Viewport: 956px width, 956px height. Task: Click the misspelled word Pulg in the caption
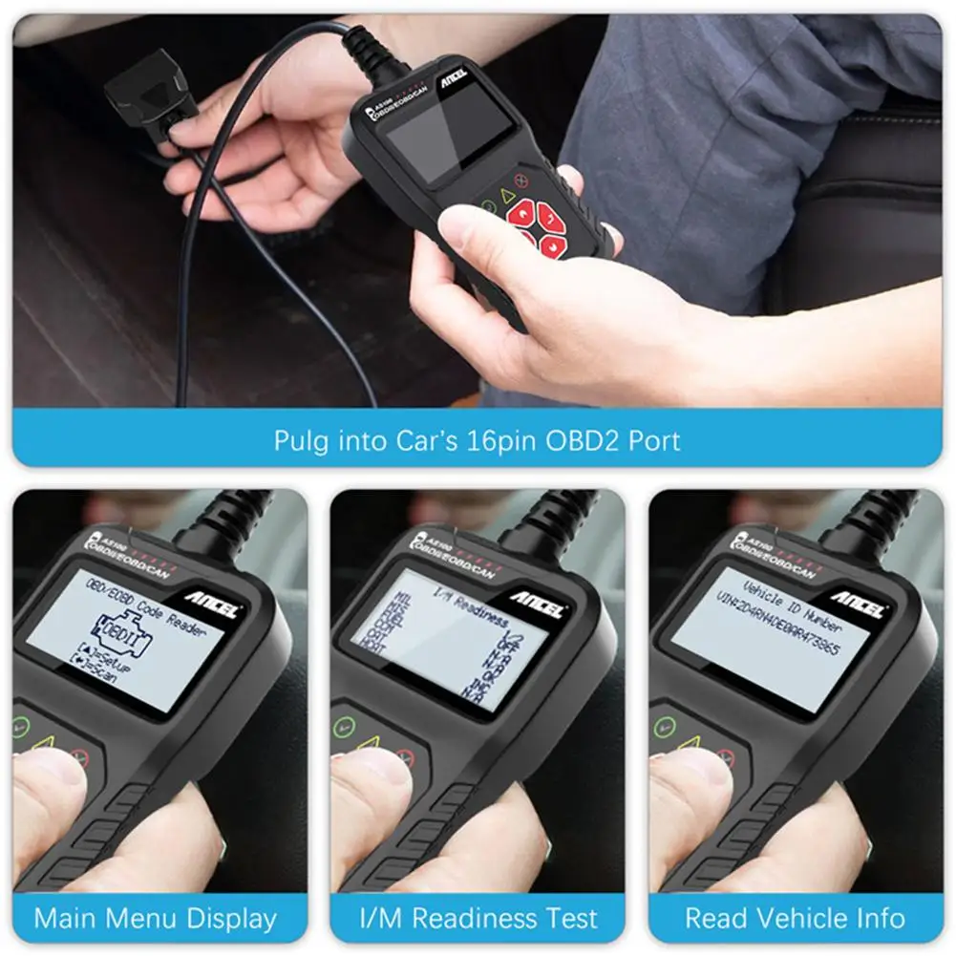click(299, 440)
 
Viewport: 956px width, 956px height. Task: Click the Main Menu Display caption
click(156, 919)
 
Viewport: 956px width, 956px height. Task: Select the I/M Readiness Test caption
click(478, 919)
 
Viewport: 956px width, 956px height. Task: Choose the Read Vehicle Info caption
click(795, 919)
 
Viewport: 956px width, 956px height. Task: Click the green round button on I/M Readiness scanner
click(343, 728)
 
